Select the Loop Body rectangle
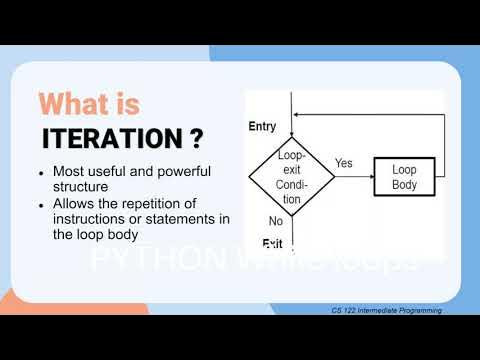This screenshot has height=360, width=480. (x=404, y=177)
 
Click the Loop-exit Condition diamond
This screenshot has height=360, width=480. (x=290, y=177)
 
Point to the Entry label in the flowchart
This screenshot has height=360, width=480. (x=263, y=126)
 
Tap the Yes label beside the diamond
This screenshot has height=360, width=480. (x=343, y=163)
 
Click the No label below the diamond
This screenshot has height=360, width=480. (x=275, y=220)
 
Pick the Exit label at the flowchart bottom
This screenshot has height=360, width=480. (x=272, y=244)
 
